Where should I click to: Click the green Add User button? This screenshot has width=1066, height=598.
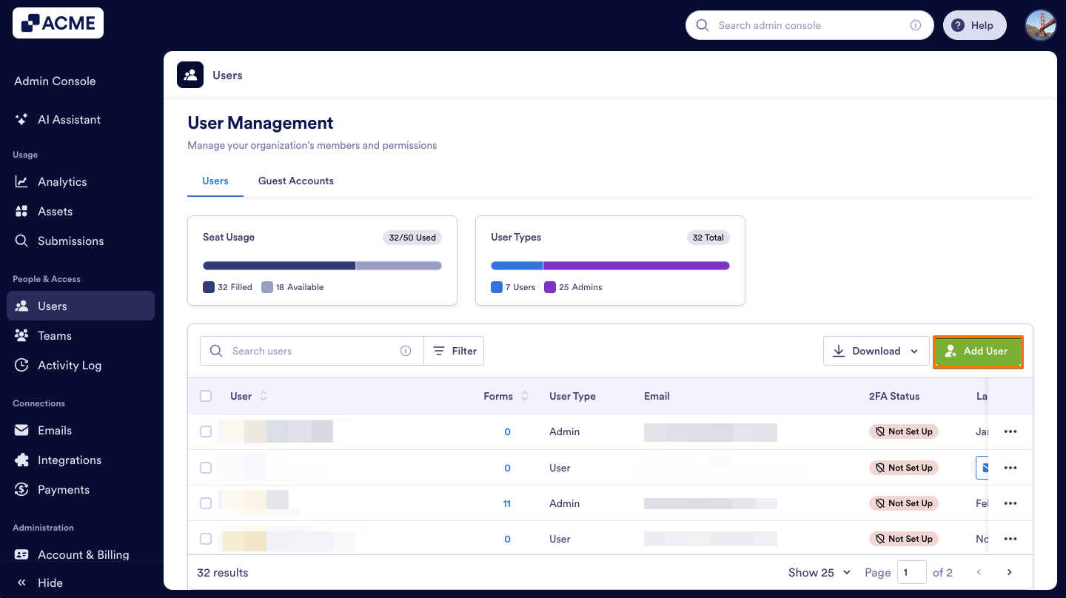coord(978,352)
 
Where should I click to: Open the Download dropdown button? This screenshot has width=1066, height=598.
coord(876,352)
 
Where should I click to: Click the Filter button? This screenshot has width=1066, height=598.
coord(455,352)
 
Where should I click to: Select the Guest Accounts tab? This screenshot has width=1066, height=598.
coord(295,181)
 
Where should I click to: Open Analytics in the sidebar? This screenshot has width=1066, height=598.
coord(62,182)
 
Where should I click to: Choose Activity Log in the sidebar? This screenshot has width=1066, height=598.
coord(70,366)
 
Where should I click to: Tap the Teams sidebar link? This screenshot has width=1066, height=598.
coord(55,336)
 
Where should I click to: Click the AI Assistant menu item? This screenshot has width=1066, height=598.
coord(69,120)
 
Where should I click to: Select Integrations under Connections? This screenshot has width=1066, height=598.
coord(70,460)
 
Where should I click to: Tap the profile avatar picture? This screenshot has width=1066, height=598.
coord(1040,25)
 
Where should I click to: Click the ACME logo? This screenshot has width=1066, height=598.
coord(58,23)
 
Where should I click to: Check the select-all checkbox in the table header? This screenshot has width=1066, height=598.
coord(206,397)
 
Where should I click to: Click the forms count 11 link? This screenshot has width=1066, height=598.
coord(507,504)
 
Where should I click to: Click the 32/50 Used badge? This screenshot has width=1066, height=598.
coord(412,238)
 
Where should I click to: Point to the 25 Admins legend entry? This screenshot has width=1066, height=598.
coord(573,287)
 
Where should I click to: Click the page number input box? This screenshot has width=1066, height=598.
coord(911,572)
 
